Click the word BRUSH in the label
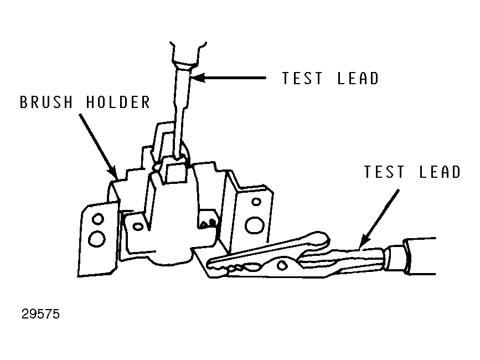(x=46, y=102)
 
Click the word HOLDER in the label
(x=118, y=102)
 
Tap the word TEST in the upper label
(x=302, y=78)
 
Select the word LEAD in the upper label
(x=358, y=78)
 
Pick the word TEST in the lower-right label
(x=384, y=172)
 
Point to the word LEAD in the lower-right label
(x=440, y=172)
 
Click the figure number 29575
(x=41, y=314)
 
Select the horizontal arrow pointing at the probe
(x=229, y=78)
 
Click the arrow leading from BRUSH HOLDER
(x=98, y=146)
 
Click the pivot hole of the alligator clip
(x=282, y=265)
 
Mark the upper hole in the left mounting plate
(x=98, y=219)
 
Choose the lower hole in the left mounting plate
(x=97, y=239)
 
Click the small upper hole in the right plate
(x=256, y=202)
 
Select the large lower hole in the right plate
(x=254, y=225)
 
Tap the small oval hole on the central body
(x=138, y=227)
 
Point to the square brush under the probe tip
(x=176, y=172)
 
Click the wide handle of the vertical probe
(x=187, y=54)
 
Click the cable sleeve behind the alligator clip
(x=420, y=256)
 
